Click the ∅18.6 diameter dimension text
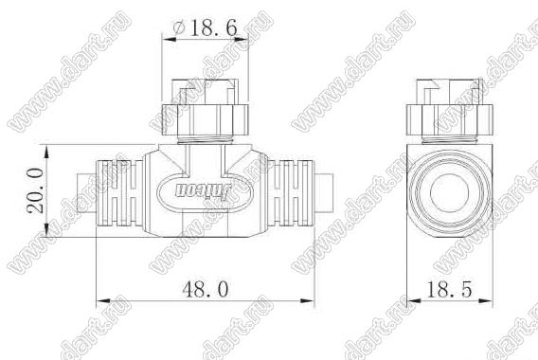click(205, 27)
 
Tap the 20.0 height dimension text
click(36, 190)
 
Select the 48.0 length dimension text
click(206, 289)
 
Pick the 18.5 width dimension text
click(449, 289)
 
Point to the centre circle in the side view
click(449, 191)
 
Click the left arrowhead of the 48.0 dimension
click(103, 301)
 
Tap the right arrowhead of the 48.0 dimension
click(308, 301)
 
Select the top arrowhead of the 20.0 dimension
click(47, 152)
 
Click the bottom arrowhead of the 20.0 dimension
click(47, 230)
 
